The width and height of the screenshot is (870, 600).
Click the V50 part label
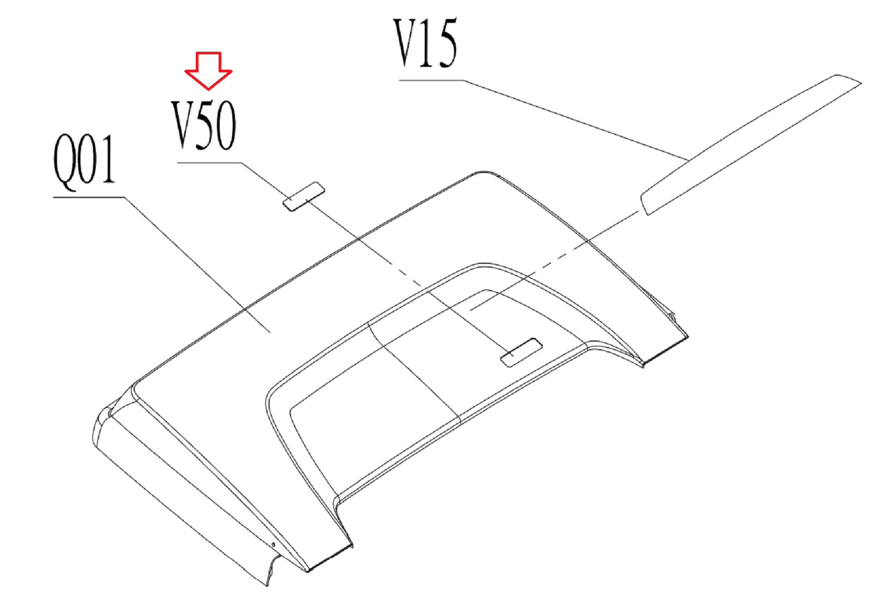204,125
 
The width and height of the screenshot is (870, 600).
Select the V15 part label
425,44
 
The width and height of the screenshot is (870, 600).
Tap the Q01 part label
84,160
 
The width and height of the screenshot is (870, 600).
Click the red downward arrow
208,70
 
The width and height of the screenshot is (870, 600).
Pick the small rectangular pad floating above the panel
303,196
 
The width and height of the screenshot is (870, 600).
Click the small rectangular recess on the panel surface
521,352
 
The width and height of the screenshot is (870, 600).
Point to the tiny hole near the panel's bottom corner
274,544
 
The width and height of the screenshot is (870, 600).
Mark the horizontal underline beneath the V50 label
209,163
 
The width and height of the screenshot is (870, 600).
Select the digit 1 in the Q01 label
108,160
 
